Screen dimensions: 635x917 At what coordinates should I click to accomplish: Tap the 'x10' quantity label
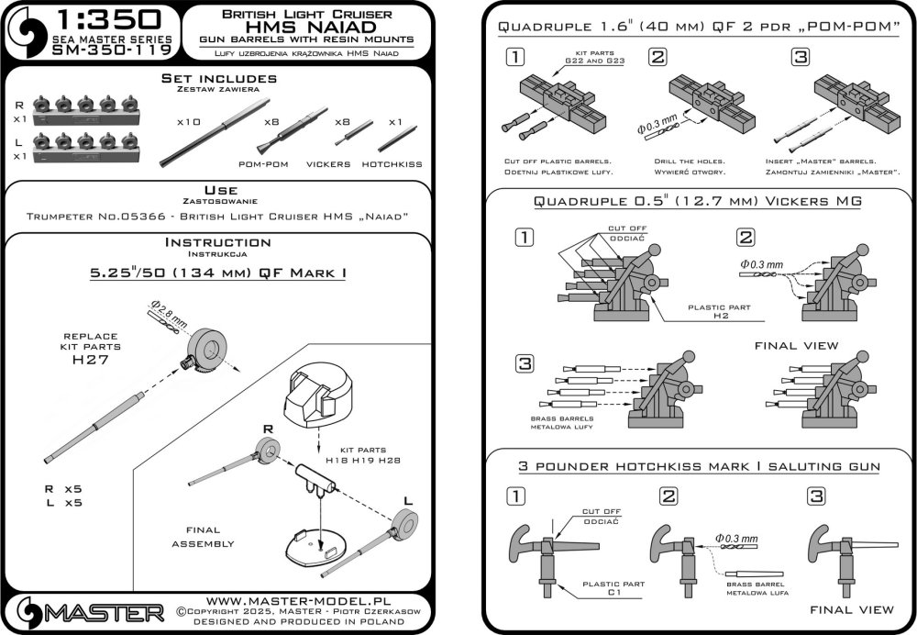pos(189,121)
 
